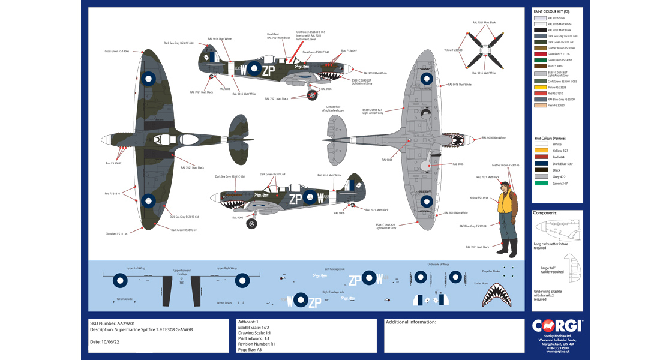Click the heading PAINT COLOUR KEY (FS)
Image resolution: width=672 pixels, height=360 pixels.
[551, 11]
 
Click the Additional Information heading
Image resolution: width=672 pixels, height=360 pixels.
[411, 322]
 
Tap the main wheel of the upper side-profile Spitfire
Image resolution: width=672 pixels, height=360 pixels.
[312, 94]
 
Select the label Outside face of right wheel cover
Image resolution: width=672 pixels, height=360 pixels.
[334, 109]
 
